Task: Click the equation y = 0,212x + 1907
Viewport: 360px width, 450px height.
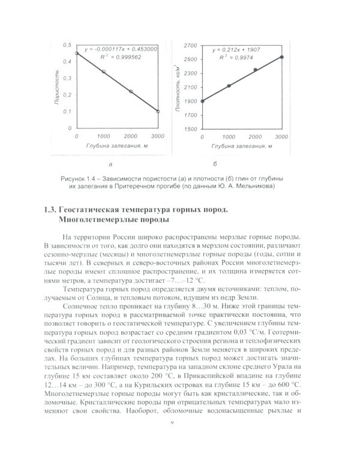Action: (x=239, y=48)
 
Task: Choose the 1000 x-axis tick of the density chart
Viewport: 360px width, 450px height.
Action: (x=229, y=137)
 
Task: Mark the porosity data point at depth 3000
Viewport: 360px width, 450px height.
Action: (x=158, y=112)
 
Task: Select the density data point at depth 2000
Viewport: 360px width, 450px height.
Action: (x=255, y=70)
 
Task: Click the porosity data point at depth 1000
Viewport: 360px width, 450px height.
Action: (x=104, y=72)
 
